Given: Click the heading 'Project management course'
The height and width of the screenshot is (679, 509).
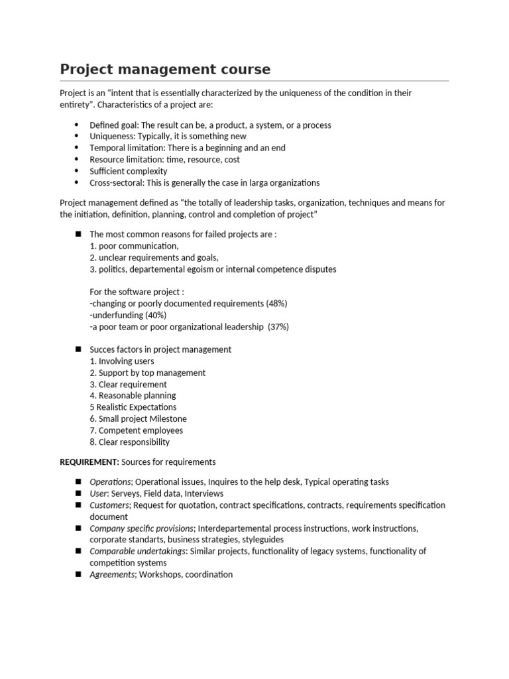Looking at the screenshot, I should point(165,69).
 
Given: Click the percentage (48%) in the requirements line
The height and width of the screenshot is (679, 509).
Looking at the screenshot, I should point(276,304).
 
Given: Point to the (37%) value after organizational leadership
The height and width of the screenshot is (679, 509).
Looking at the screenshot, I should point(278,327).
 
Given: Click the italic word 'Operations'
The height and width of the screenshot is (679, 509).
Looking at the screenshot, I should point(110,482).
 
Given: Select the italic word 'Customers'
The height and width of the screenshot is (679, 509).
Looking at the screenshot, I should point(109,505).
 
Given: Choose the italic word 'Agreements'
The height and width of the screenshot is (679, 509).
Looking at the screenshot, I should point(112,574).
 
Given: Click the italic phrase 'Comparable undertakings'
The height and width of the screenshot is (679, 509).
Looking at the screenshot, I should point(137,551).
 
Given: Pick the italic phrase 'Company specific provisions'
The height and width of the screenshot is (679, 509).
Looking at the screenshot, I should point(141,528).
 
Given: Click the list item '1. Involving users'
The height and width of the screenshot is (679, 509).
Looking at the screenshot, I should point(122,361).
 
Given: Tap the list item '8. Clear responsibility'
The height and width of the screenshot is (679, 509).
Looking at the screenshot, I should point(129,442).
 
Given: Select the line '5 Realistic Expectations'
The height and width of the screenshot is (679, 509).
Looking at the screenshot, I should point(133,407).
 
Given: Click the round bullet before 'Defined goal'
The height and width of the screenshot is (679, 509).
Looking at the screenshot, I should point(76,125).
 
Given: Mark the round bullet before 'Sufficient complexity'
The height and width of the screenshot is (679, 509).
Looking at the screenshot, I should point(76,171).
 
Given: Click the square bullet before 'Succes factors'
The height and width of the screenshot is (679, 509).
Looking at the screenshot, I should point(77,349).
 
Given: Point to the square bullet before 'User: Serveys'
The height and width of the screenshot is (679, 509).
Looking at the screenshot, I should point(77,493).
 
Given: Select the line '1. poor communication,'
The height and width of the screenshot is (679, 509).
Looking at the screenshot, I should point(134,246).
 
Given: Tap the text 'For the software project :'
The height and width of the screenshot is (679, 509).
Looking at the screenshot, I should point(137,292).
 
